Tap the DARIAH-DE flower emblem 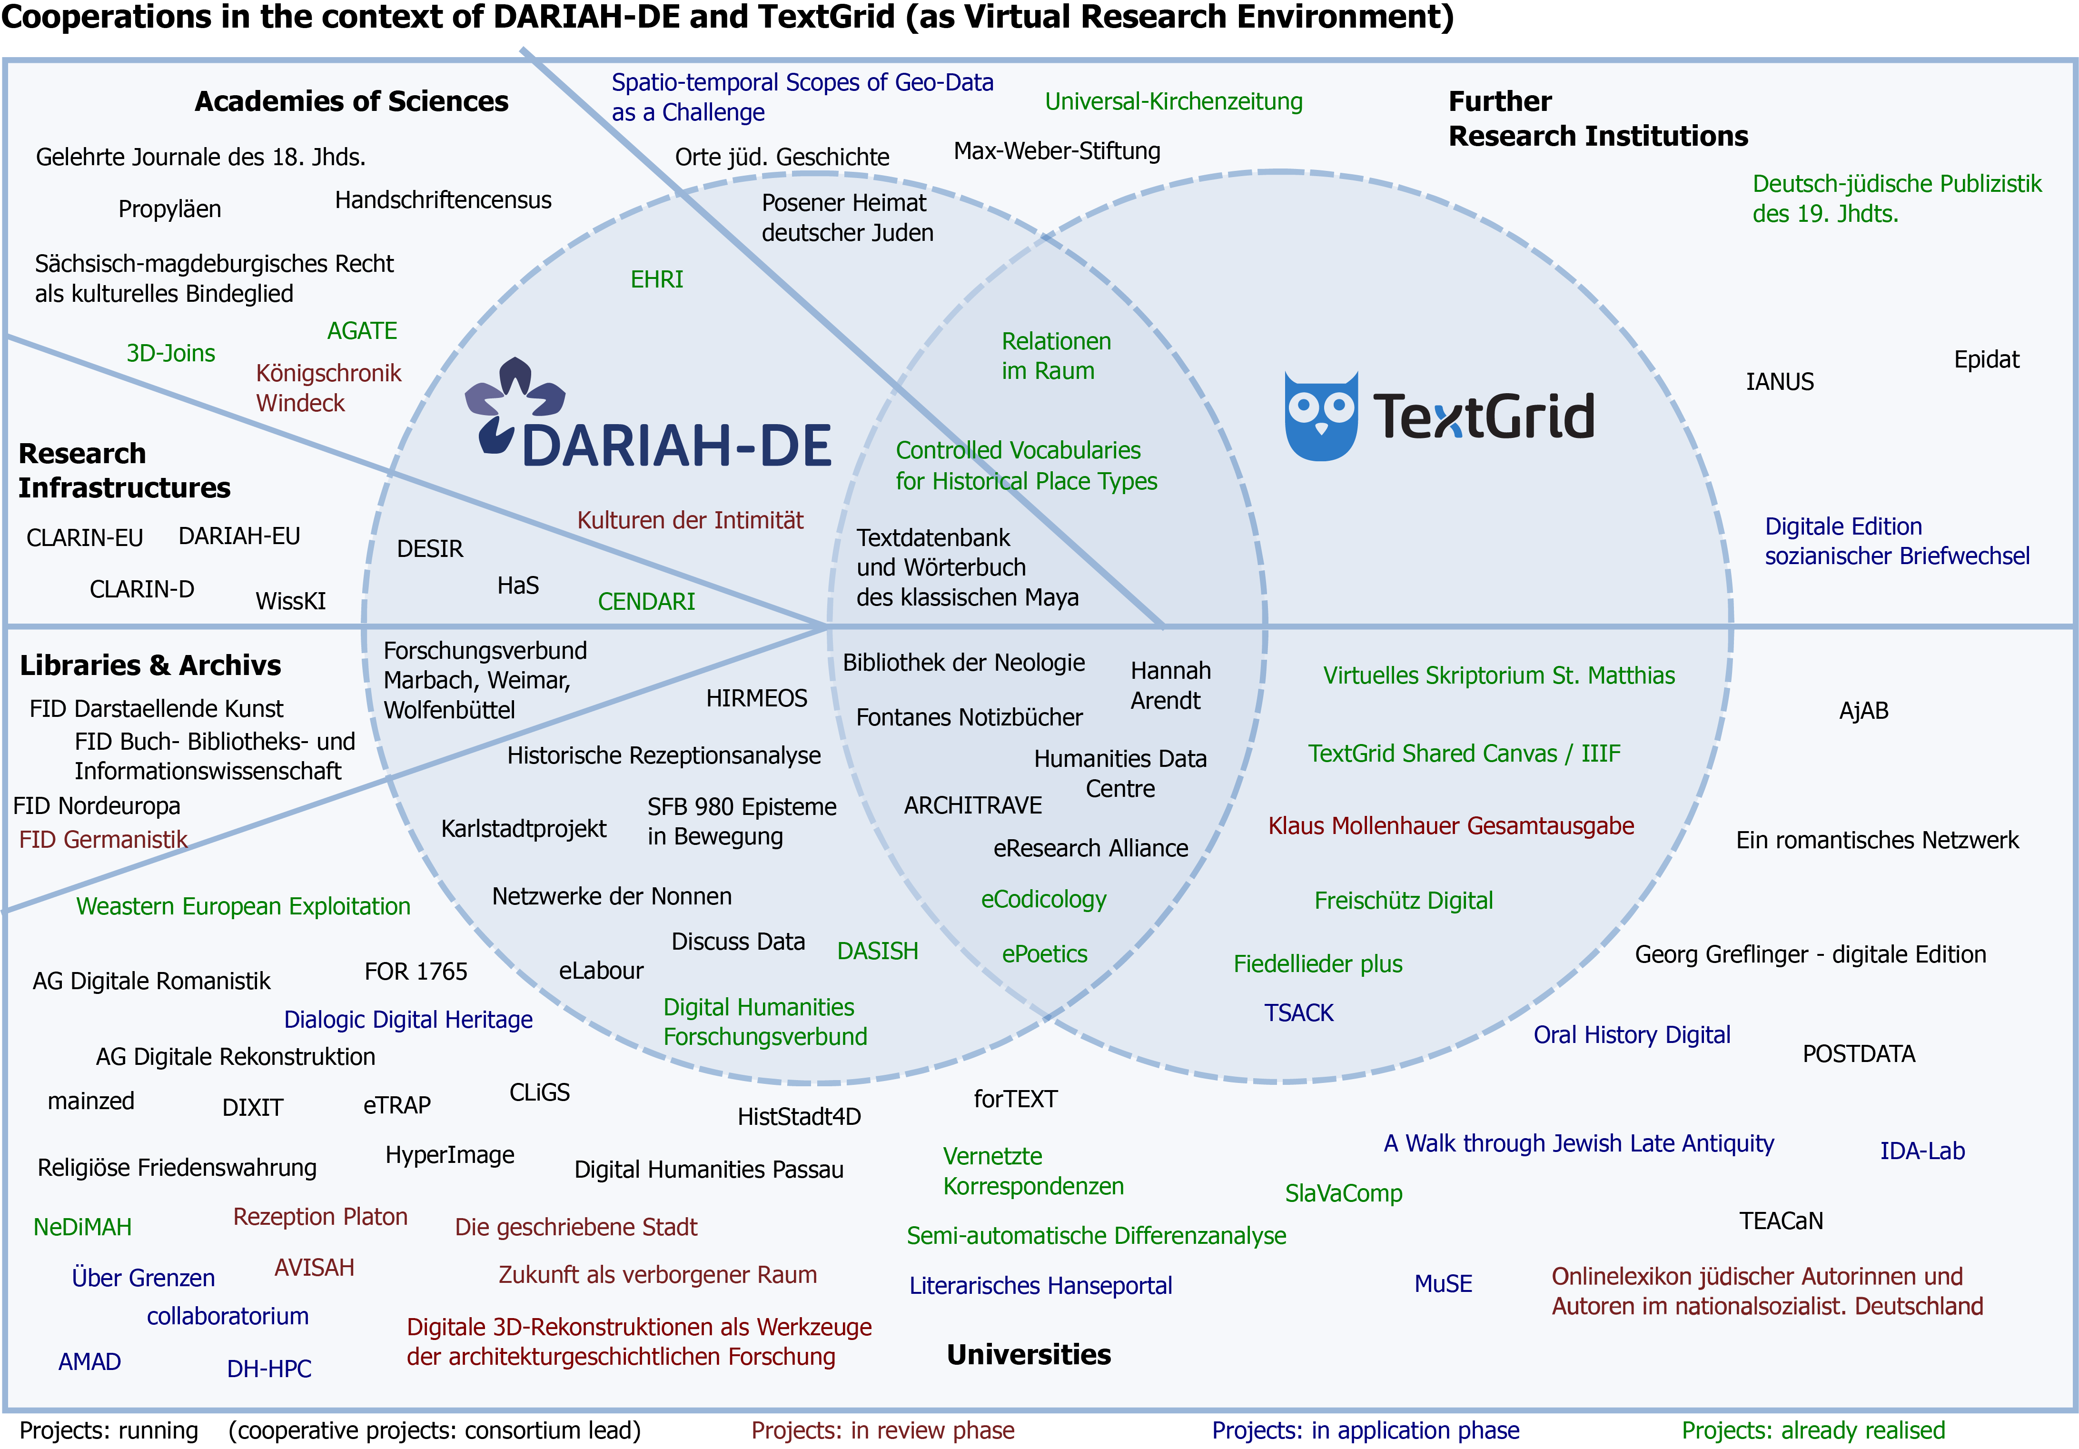(515, 403)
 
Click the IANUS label (1779, 382)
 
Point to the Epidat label (1986, 359)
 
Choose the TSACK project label (1298, 1012)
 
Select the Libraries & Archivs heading (150, 665)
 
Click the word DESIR (430, 549)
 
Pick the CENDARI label (646, 601)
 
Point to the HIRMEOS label (756, 698)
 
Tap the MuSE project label (1443, 1284)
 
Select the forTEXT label (1015, 1100)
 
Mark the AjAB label (1863, 711)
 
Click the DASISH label (877, 951)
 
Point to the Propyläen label (169, 209)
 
